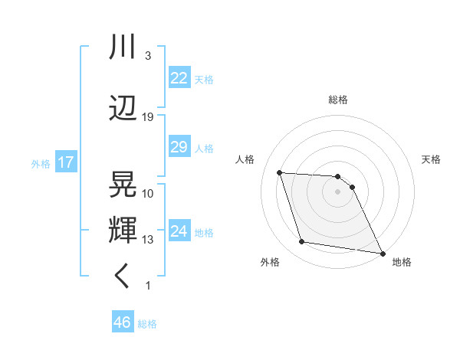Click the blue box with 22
(179, 78)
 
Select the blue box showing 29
(179, 147)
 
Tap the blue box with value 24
(179, 231)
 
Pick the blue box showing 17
(65, 162)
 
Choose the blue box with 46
(123, 322)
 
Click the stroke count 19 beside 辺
(148, 116)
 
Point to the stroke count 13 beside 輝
(148, 240)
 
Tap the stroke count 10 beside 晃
(148, 193)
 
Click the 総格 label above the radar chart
(338, 100)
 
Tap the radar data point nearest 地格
(383, 252)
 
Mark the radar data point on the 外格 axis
(302, 242)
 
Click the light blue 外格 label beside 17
(40, 163)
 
